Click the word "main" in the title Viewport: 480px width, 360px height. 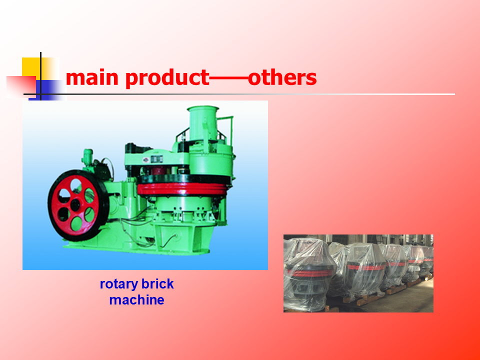pyautogui.click(x=92, y=78)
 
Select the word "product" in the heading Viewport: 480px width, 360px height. pyautogui.click(x=167, y=78)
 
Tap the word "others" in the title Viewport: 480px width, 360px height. pyautogui.click(x=282, y=77)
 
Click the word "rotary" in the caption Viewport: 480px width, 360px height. pyautogui.click(x=119, y=284)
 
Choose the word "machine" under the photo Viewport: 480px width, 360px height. pyautogui.click(x=136, y=300)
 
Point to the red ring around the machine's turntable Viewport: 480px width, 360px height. pyautogui.click(x=183, y=189)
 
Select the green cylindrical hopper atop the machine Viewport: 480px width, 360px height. pyautogui.click(x=202, y=123)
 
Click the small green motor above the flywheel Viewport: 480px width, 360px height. pyautogui.click(x=88, y=157)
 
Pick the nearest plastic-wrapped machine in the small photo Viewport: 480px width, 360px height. pyautogui.click(x=309, y=274)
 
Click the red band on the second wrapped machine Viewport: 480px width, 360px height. pyautogui.click(x=366, y=267)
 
